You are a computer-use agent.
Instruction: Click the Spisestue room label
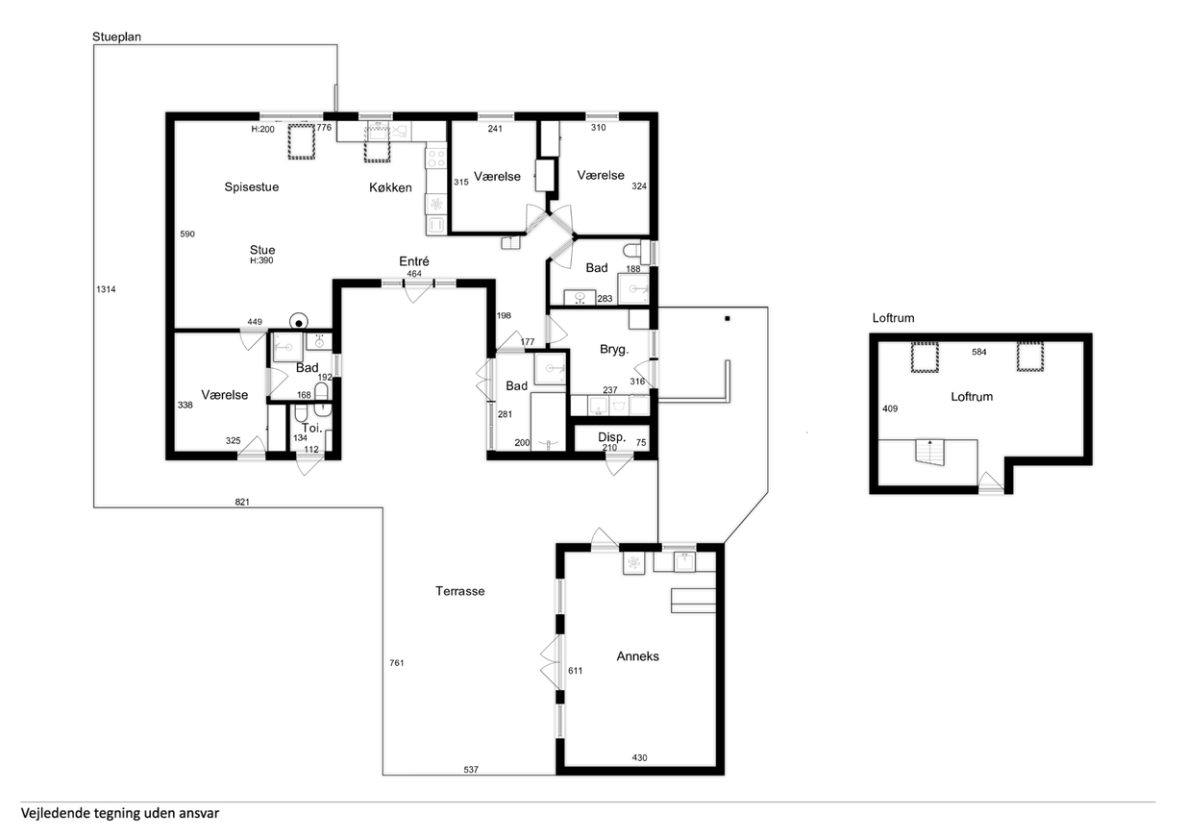[252, 186]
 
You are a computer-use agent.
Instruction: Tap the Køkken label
[390, 187]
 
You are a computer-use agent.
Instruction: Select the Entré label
[414, 261]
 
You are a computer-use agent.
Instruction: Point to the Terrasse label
[460, 591]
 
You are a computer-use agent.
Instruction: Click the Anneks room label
[637, 656]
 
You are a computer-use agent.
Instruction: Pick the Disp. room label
[611, 437]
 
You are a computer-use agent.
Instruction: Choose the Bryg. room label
[614, 350]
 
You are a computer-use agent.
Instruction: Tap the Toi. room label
[311, 428]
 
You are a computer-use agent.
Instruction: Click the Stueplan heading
[116, 37]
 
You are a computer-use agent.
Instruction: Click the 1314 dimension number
[106, 289]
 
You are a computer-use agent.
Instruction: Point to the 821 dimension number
[242, 502]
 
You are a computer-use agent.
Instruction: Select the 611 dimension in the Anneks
[575, 671]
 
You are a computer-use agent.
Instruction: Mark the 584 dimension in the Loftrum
[979, 352]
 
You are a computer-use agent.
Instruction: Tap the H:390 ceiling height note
[261, 260]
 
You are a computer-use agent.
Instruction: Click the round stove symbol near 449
[299, 322]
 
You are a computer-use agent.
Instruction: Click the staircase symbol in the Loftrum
[929, 453]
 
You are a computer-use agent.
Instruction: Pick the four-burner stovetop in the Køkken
[436, 158]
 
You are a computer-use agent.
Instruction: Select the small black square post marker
[728, 319]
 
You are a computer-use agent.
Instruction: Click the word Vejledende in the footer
[55, 813]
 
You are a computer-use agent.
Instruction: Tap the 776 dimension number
[324, 128]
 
